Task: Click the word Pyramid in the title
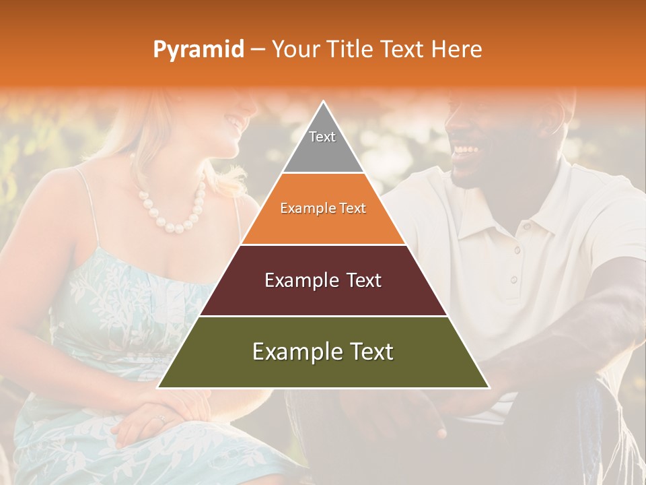tap(199, 50)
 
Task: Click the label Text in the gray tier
tap(322, 137)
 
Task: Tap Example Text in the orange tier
tap(323, 208)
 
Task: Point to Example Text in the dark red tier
tap(323, 280)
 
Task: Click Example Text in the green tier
tap(323, 352)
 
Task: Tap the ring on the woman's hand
tap(160, 419)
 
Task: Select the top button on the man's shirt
tap(517, 250)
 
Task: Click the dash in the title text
tap(258, 50)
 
